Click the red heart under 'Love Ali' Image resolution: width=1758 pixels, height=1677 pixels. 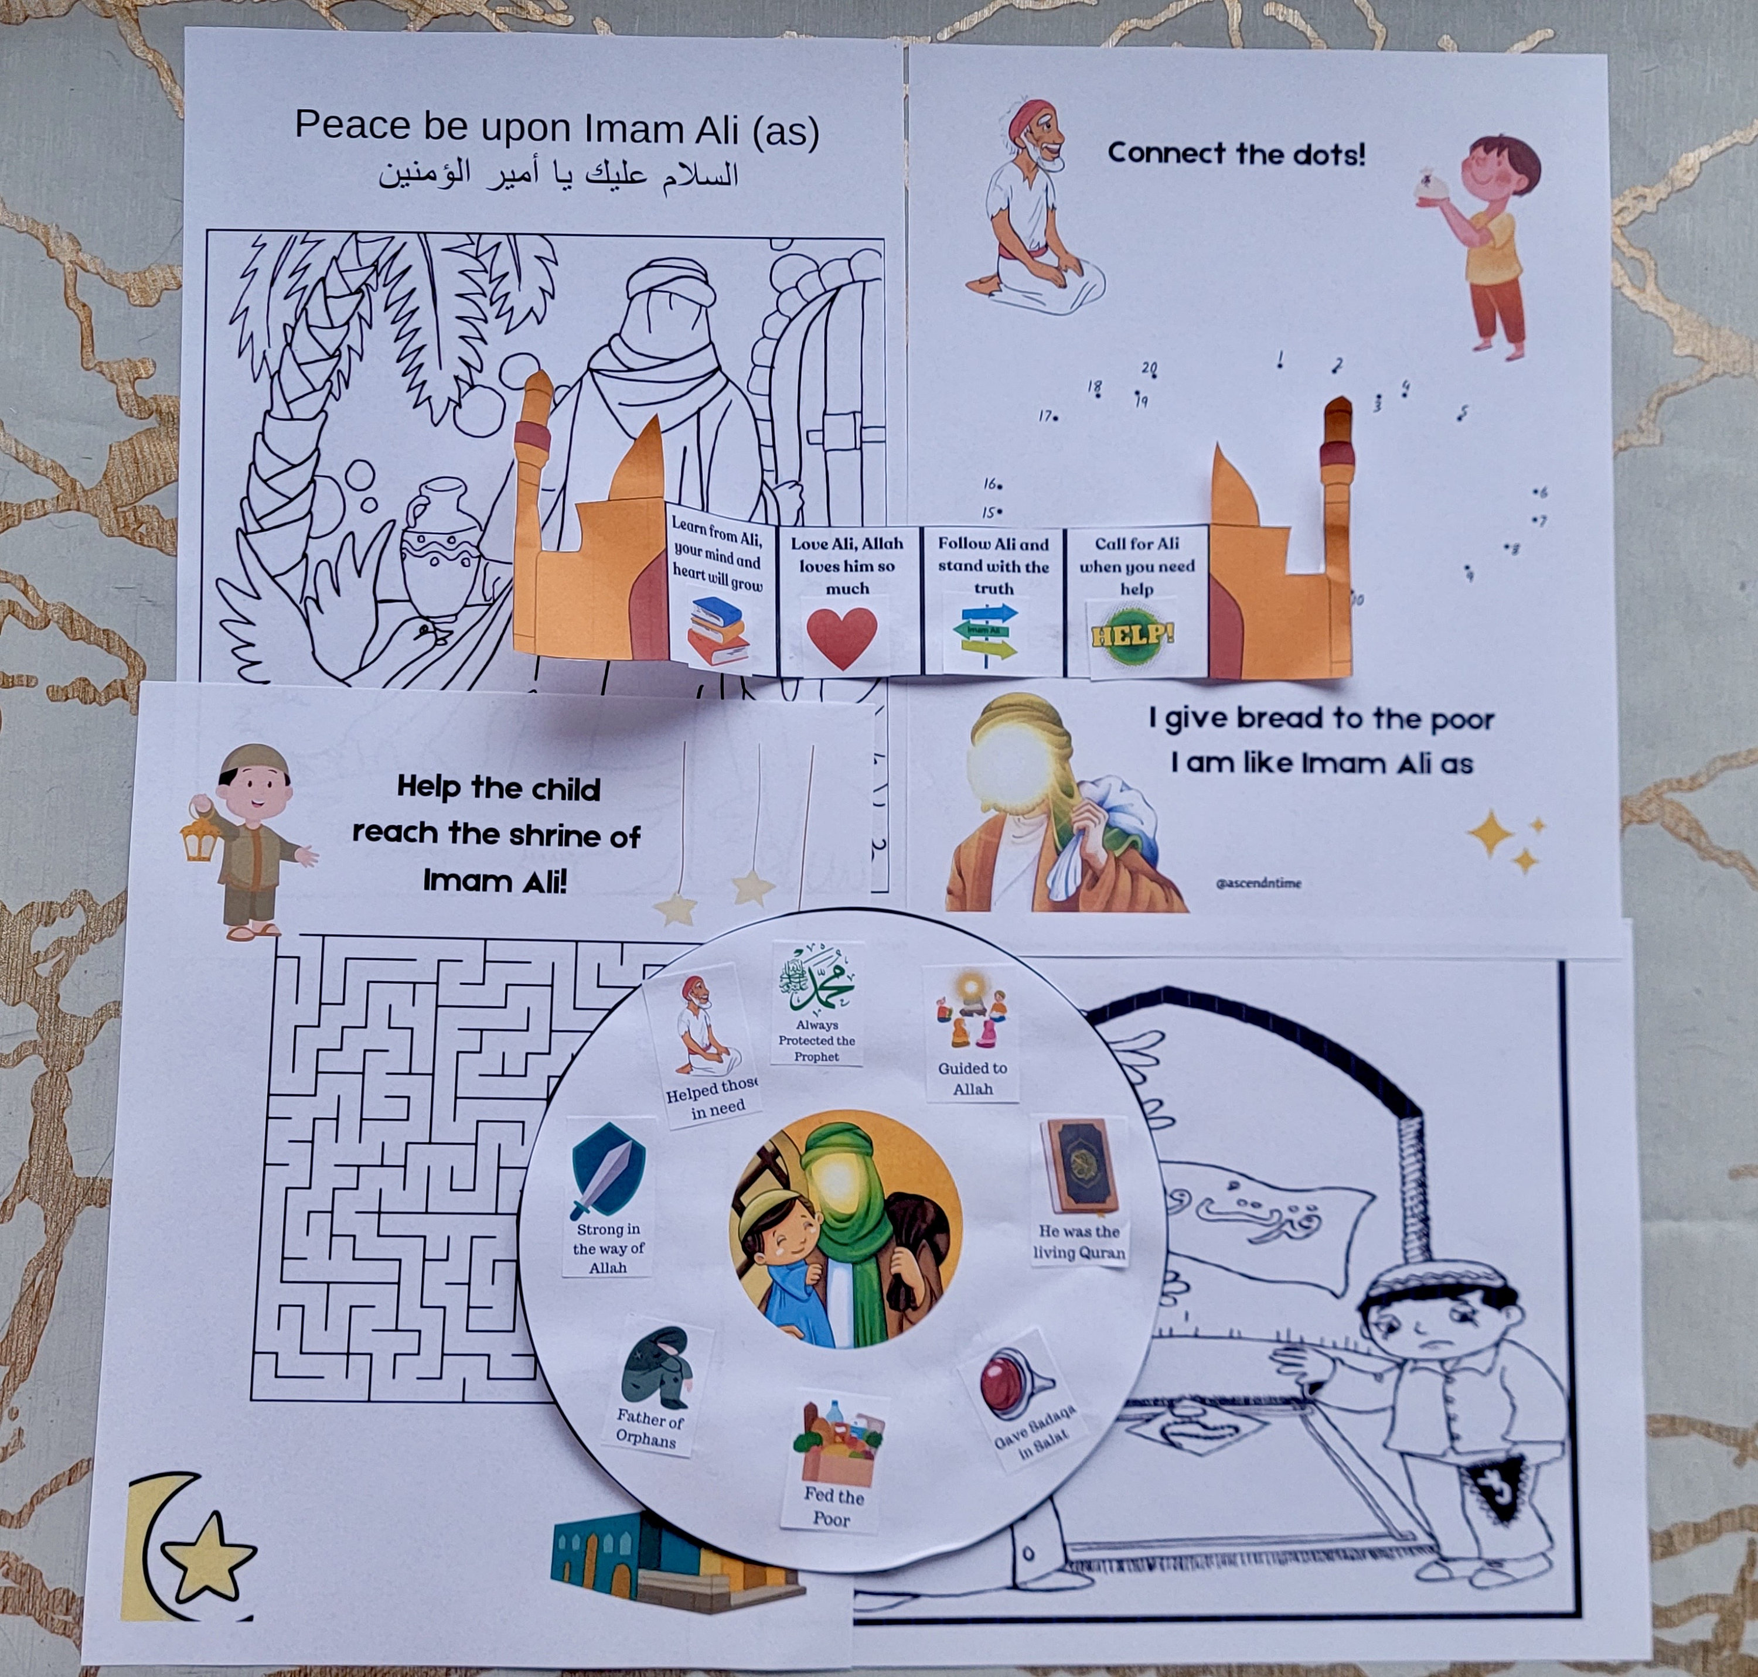(x=841, y=637)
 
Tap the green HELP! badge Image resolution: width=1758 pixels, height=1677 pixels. (x=1133, y=636)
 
